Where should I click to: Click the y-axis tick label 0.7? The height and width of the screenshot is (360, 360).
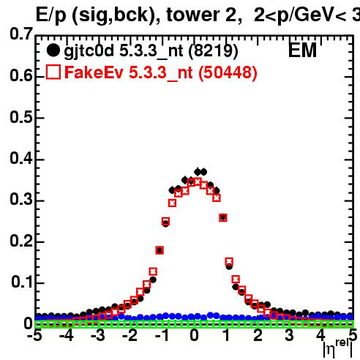(x=21, y=34)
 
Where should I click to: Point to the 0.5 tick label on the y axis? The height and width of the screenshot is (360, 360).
(x=21, y=117)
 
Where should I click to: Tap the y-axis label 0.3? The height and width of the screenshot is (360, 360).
(x=21, y=200)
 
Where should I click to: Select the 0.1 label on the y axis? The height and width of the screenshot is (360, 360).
(x=22, y=282)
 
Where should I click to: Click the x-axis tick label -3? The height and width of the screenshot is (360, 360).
(x=97, y=335)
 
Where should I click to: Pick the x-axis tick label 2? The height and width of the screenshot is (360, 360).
(x=258, y=335)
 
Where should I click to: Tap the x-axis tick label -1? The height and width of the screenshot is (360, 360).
(x=162, y=335)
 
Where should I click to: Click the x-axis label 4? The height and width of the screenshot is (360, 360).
(x=320, y=335)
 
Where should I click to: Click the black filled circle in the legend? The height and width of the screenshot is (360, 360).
(x=53, y=50)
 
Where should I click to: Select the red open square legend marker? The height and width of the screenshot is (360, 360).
(x=53, y=72)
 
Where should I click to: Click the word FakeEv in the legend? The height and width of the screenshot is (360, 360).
(x=94, y=72)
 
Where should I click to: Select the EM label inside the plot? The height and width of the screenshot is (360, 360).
(x=302, y=50)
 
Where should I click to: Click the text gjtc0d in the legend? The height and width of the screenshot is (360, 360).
(x=89, y=52)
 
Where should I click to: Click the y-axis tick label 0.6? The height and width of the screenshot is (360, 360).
(x=21, y=76)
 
